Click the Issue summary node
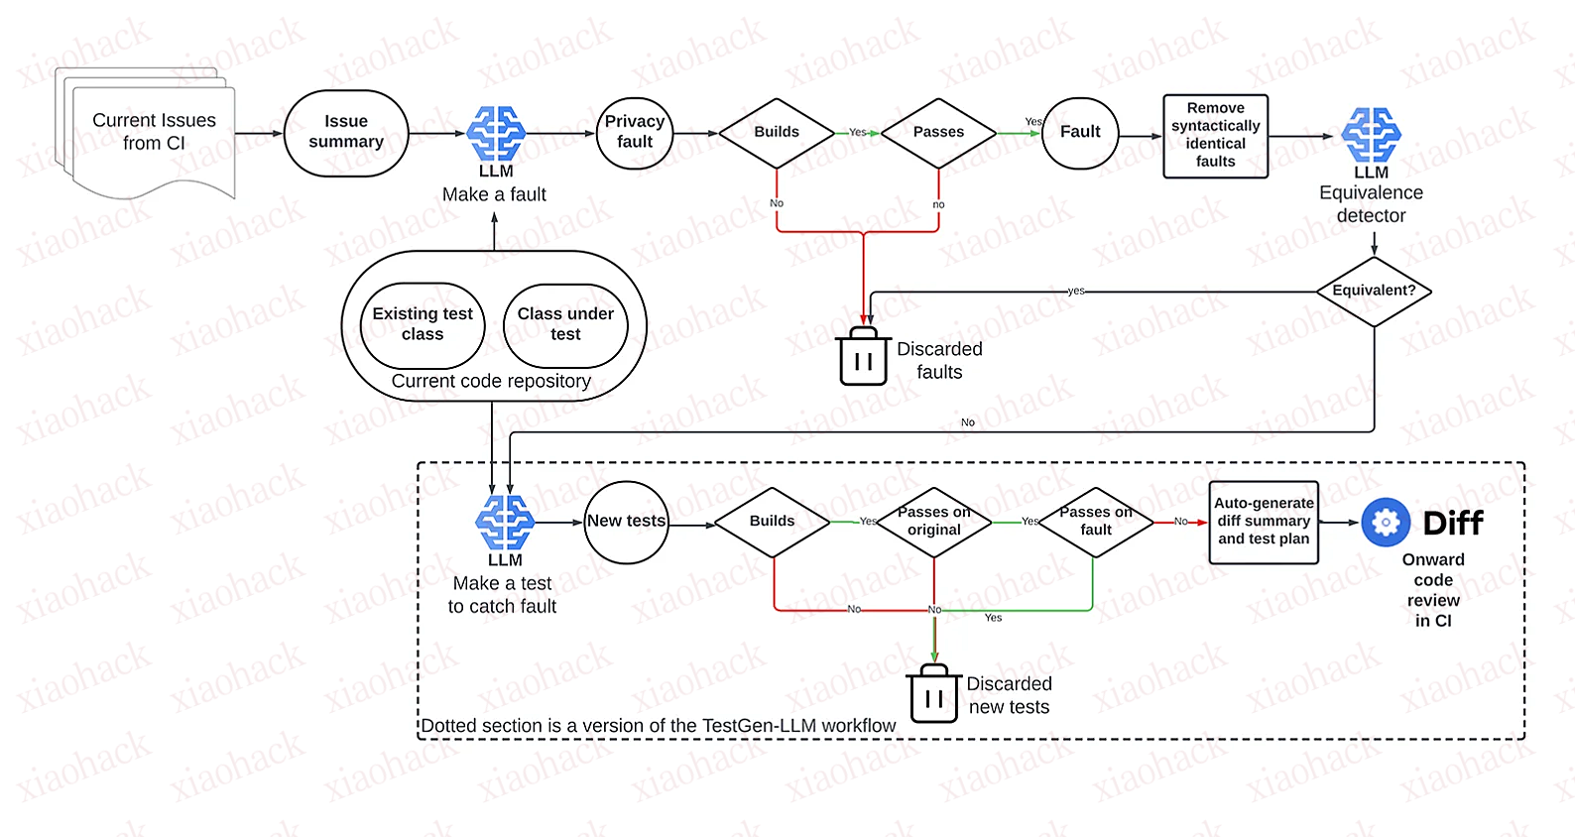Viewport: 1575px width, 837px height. coord(346,133)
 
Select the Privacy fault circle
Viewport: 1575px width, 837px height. coord(635,133)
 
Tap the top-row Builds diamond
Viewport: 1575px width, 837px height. coord(777,132)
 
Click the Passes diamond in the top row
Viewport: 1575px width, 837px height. coord(938,132)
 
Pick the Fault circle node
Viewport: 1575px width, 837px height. coord(1080,133)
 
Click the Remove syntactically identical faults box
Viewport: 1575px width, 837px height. coord(1215,136)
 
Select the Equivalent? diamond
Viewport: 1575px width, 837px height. coord(1374,291)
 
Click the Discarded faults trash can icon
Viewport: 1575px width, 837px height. coord(863,358)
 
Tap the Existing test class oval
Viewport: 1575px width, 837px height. coord(423,324)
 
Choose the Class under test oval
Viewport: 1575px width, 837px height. coord(565,324)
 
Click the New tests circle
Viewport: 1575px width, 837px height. coord(626,522)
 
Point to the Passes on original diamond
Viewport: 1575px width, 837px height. coord(933,522)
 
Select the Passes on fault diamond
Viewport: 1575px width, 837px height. coord(1095,522)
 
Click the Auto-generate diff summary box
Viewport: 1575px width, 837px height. coord(1264,522)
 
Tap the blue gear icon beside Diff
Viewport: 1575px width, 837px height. coord(1386,523)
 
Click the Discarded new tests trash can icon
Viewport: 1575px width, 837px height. coord(933,695)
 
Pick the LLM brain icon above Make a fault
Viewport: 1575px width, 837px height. coord(496,133)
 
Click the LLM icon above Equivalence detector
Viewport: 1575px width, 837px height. coord(1371,135)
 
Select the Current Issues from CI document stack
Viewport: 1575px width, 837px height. coord(149,133)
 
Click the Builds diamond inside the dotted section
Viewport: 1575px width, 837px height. coord(772,522)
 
